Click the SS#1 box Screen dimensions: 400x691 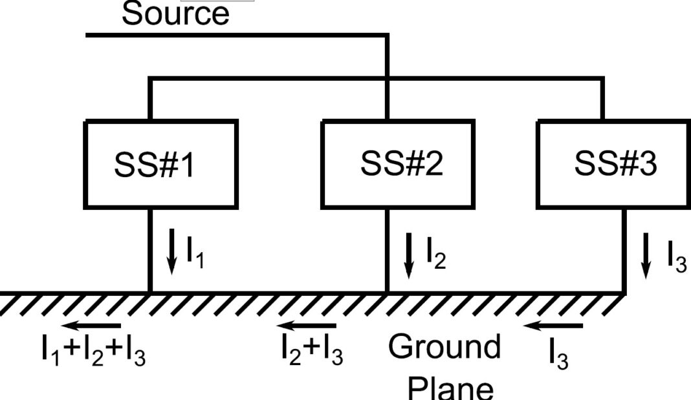point(161,164)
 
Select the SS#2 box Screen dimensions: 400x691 point(401,164)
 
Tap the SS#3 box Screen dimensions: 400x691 point(614,164)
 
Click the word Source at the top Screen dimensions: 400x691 point(175,14)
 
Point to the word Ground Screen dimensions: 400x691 point(444,346)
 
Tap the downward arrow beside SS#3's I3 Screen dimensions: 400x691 point(646,255)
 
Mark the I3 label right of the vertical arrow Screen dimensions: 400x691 point(676,258)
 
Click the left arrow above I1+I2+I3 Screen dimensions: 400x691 point(93,326)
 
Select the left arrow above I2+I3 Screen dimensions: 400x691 point(308,326)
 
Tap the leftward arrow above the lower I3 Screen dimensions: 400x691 point(553,326)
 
